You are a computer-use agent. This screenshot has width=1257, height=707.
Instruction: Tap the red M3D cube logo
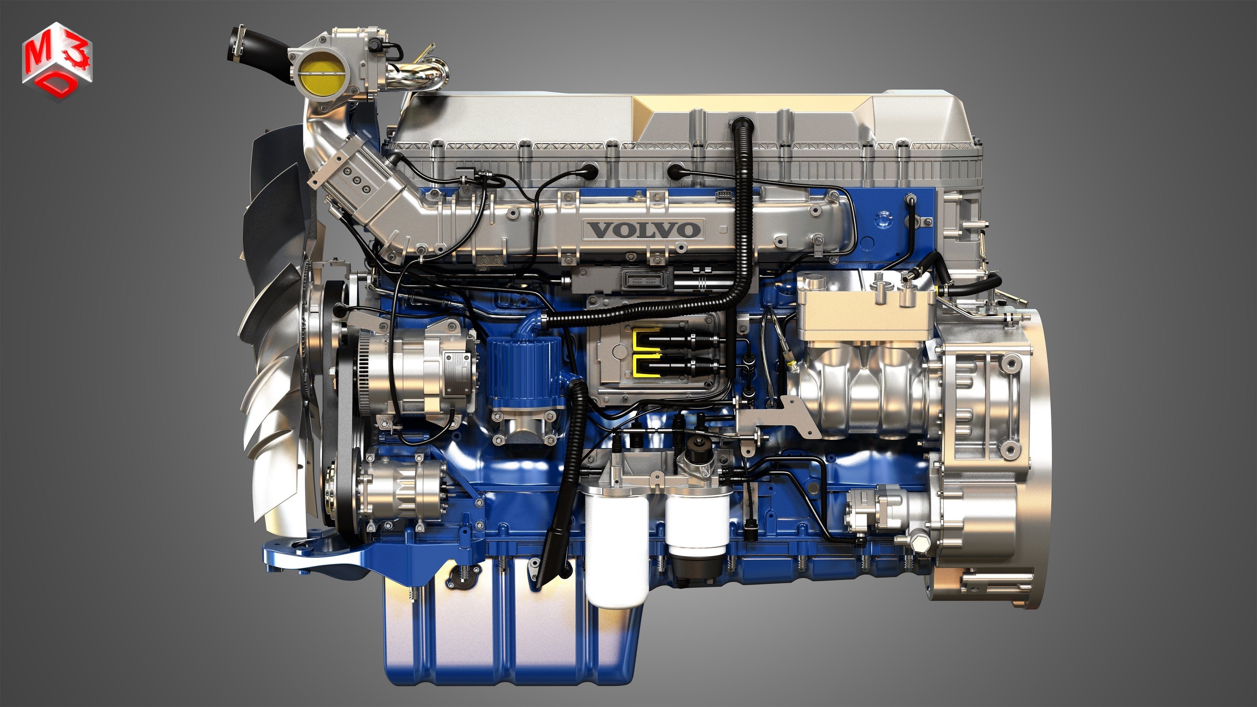pos(57,61)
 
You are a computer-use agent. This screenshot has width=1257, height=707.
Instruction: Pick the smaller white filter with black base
pos(697,525)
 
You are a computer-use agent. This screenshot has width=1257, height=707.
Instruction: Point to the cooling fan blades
pos(273,341)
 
